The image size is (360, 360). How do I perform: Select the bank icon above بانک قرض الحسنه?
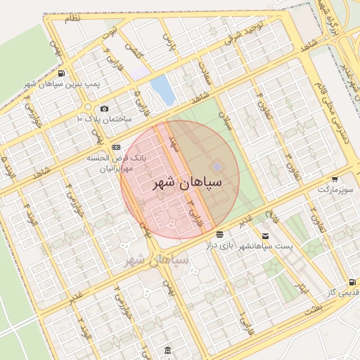click(116, 147)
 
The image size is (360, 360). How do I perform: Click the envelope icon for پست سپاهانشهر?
click(265, 236)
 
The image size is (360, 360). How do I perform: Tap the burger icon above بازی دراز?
click(220, 233)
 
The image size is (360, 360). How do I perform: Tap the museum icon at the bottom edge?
click(167, 349)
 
